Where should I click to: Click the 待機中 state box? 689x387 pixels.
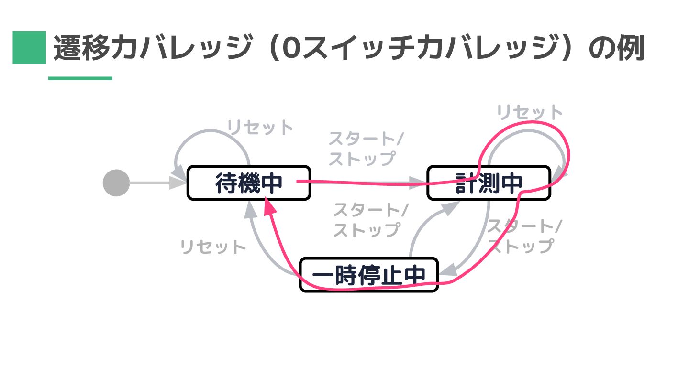(248, 183)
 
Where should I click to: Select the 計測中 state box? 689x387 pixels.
(489, 183)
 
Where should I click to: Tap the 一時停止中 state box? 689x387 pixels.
(368, 275)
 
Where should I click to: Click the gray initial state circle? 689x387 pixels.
(116, 183)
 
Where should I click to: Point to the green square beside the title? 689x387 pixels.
(29, 47)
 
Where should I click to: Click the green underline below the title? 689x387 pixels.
(80, 78)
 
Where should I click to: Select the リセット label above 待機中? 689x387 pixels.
(260, 128)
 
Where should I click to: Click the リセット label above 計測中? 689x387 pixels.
(530, 113)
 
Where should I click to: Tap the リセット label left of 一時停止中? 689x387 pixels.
(213, 247)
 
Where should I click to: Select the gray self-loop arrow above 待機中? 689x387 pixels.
(212, 139)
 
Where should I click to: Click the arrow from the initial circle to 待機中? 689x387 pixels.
(153, 183)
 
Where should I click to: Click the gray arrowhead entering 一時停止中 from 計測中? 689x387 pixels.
(447, 272)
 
